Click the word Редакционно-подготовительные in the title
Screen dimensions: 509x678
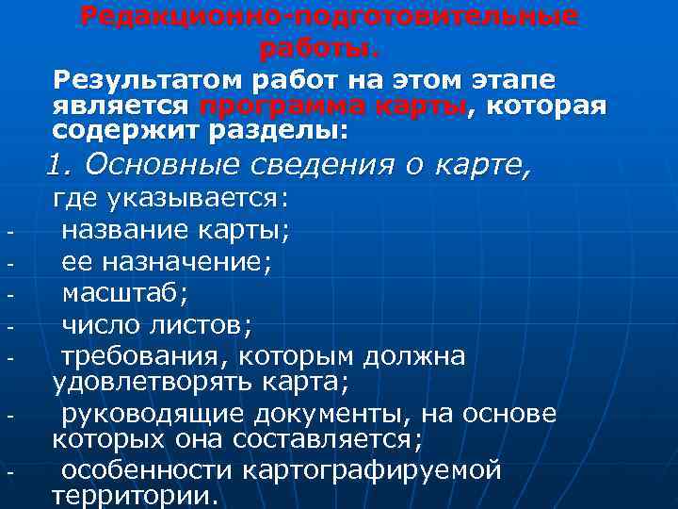[330, 18]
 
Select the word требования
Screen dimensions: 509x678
[143, 357]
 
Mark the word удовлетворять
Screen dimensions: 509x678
[144, 383]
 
